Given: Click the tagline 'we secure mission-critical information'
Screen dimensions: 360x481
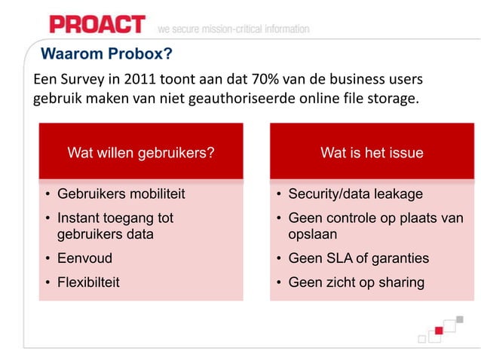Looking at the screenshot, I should (233, 29).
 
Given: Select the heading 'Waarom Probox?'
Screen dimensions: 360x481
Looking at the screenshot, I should (106, 54).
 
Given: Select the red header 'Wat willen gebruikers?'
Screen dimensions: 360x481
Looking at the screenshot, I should (141, 153).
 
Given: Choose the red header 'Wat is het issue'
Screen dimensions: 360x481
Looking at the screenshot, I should (372, 153).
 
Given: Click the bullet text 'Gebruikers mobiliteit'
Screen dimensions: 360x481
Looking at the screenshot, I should (121, 194).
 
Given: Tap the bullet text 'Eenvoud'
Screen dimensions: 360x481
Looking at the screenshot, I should (84, 258).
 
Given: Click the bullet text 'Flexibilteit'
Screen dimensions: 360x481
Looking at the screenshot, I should (88, 282).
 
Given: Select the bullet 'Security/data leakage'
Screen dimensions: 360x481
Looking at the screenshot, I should (355, 194).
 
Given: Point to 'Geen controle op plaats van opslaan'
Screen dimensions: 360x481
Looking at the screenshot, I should (375, 226).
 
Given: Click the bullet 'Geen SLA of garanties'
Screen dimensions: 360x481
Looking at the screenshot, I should (358, 258).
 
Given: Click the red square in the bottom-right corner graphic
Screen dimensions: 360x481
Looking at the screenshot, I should (437, 332).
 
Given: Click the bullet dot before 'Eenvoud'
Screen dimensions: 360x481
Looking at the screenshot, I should (47, 259).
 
